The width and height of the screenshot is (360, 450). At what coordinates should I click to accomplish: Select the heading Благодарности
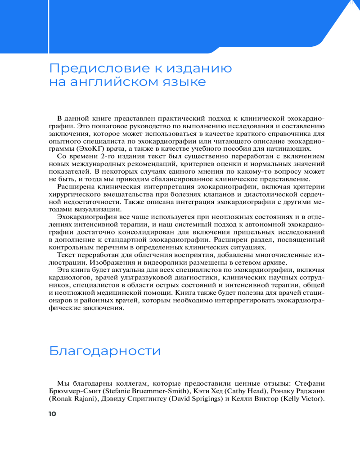tap(104, 351)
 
